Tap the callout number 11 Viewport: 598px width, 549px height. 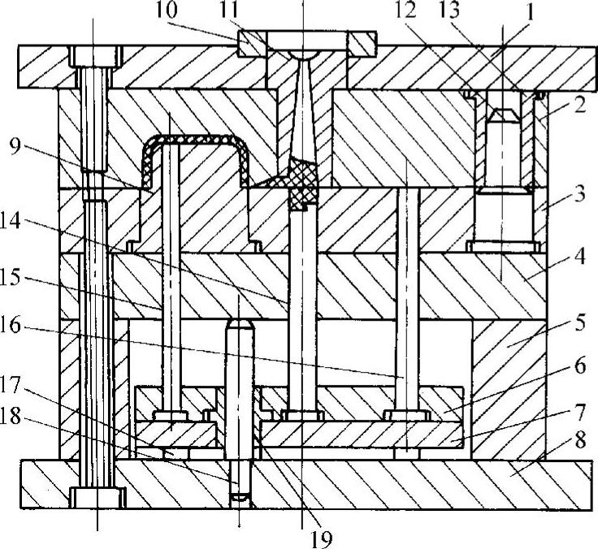click(242, 11)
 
